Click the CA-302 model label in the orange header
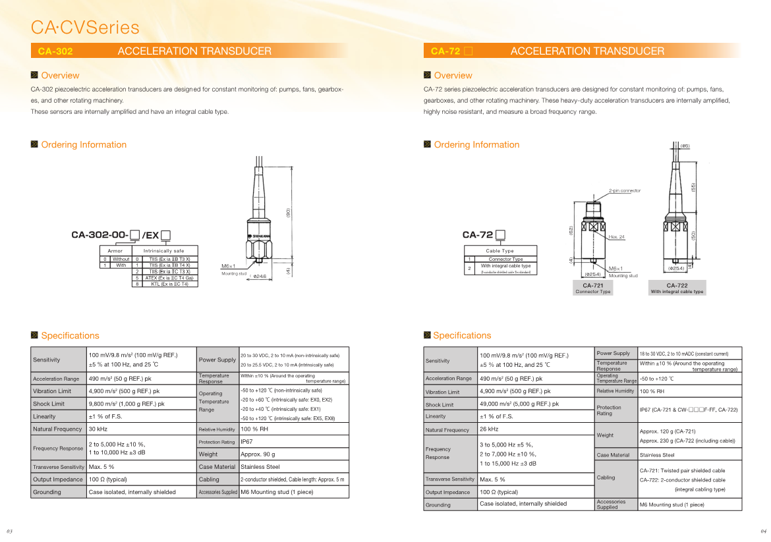(x=55, y=51)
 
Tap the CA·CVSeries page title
(x=85, y=28)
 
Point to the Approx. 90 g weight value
(x=258, y=454)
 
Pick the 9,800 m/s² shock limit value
(x=127, y=404)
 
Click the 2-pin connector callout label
(x=624, y=191)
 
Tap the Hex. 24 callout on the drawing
(x=617, y=236)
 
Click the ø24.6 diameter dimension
(x=260, y=277)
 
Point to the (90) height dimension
(x=288, y=213)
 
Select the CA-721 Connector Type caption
(x=592, y=288)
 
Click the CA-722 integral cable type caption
(x=677, y=288)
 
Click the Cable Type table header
(x=500, y=251)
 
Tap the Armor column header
(x=115, y=251)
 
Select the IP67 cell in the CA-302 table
(x=246, y=442)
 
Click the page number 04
(x=764, y=531)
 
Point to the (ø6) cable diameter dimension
(x=685, y=146)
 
